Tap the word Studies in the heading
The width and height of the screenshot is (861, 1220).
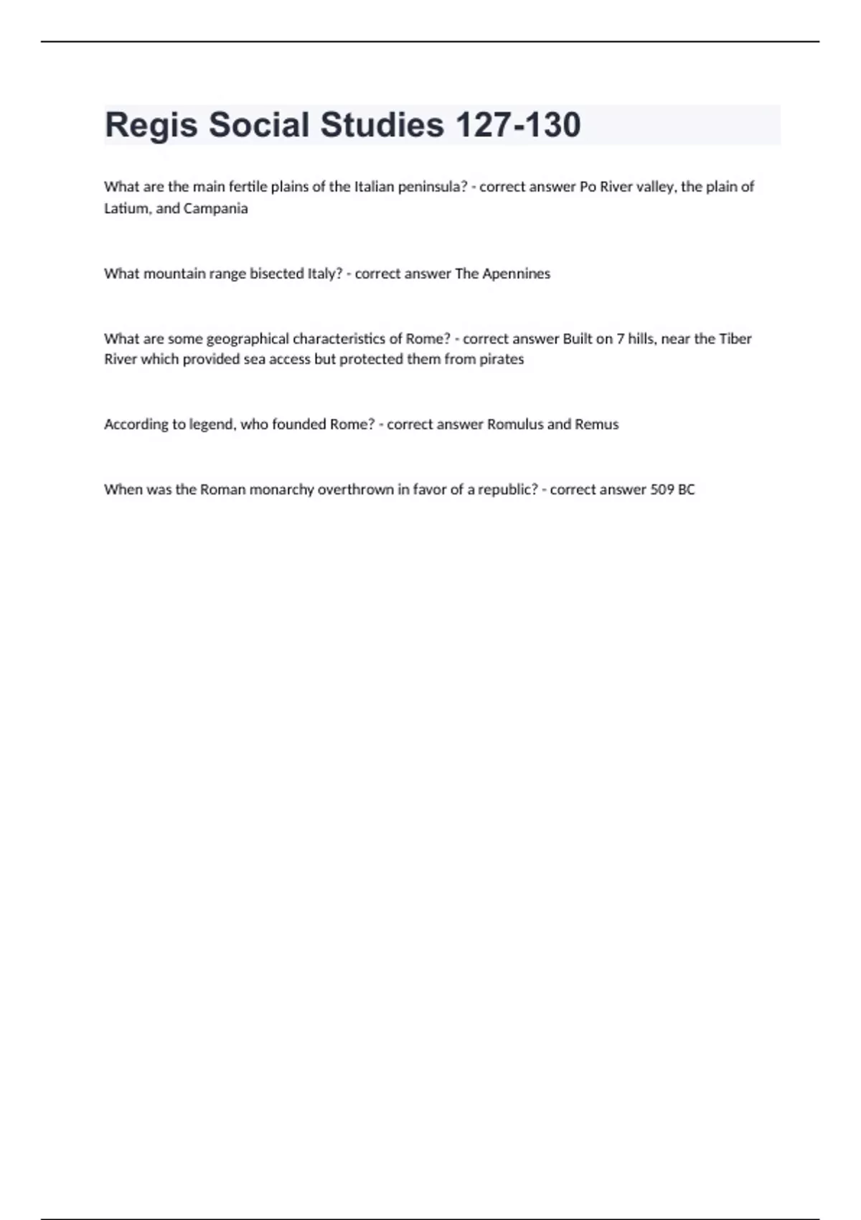click(382, 125)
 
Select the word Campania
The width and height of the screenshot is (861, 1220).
click(215, 208)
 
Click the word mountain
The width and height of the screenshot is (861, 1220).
click(174, 273)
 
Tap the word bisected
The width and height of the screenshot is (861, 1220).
click(276, 273)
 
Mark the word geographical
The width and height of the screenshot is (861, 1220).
click(248, 339)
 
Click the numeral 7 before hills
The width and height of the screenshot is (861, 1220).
click(621, 339)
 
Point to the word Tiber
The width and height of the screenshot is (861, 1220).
click(735, 339)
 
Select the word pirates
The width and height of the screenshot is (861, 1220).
click(502, 359)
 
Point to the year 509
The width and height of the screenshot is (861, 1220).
click(662, 489)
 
